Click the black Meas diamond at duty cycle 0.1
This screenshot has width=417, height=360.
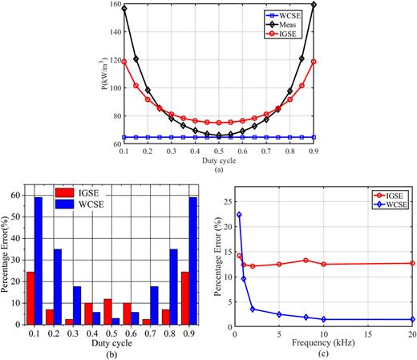124,8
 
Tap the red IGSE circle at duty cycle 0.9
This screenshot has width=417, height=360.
313,62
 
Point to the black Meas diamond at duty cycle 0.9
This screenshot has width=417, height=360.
313,5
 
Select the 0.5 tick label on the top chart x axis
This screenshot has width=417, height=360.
218,150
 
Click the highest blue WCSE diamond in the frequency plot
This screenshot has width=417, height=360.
238,214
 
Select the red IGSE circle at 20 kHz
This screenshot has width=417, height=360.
412,263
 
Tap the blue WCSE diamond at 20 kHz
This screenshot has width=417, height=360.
412,319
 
